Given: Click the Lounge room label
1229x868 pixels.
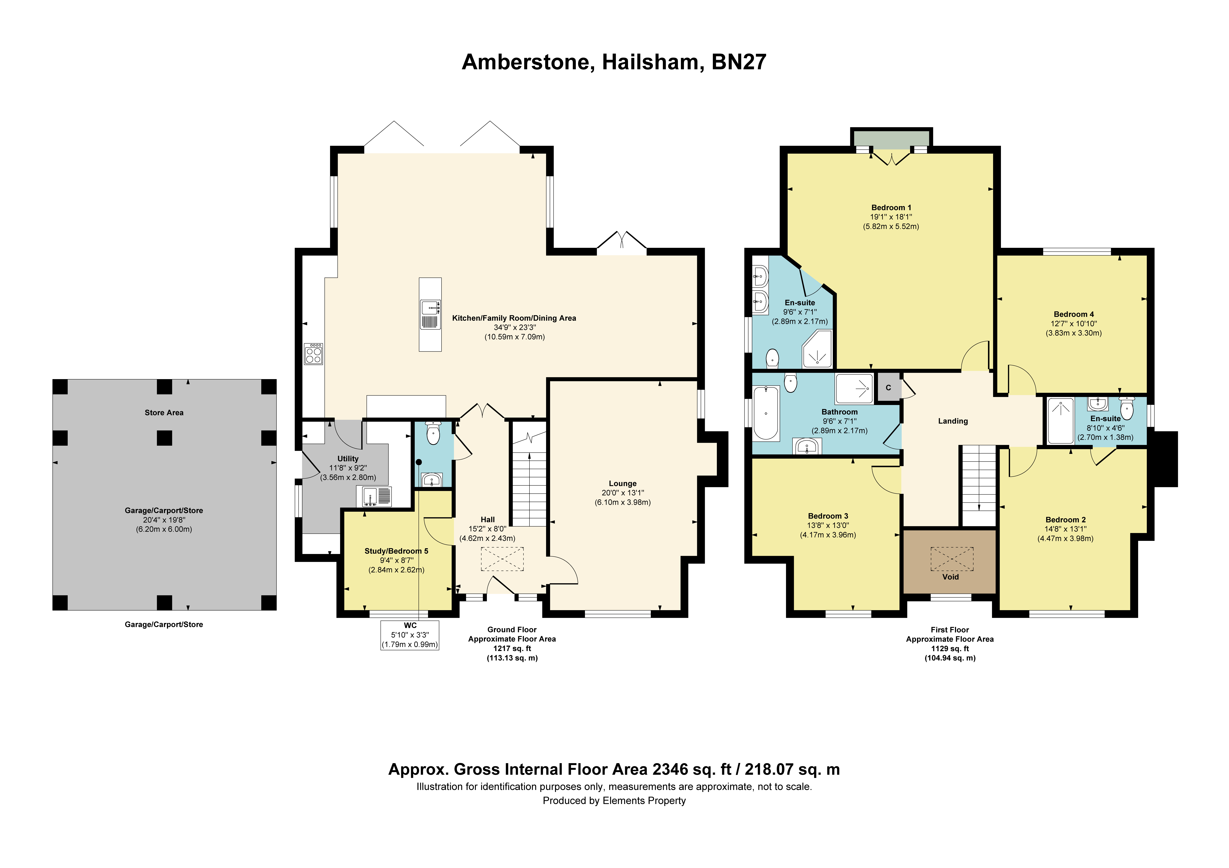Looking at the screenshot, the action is pyautogui.click(x=623, y=483).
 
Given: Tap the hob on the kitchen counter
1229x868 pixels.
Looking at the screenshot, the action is pyautogui.click(x=314, y=354).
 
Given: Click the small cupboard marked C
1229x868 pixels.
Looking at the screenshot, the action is pyautogui.click(x=889, y=387).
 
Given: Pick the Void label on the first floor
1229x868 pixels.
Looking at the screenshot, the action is pyautogui.click(x=951, y=577).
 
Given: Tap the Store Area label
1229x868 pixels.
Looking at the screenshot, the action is pyautogui.click(x=164, y=413).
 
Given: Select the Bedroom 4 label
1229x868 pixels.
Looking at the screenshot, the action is pyautogui.click(x=1074, y=314).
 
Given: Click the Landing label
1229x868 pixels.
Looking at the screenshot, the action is pyautogui.click(x=953, y=421).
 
